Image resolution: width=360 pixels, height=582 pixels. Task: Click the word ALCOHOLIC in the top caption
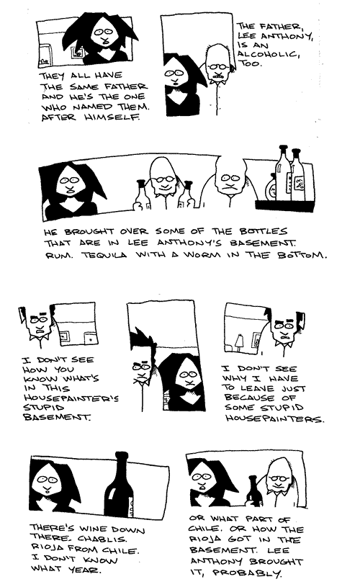pyautogui.click(x=269, y=54)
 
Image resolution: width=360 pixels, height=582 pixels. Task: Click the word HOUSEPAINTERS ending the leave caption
pyautogui.click(x=274, y=418)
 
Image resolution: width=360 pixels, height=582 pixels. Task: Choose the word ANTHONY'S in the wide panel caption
pyautogui.click(x=192, y=243)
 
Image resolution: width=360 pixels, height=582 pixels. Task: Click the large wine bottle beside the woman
pyautogui.click(x=119, y=485)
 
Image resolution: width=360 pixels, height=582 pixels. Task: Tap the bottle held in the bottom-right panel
pyautogui.click(x=253, y=491)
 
